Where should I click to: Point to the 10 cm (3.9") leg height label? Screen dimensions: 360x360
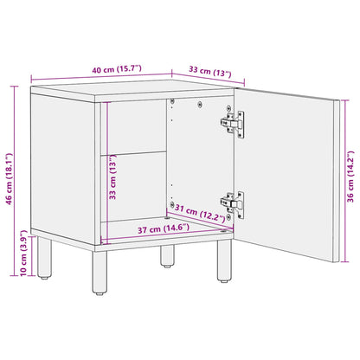coord(10,257)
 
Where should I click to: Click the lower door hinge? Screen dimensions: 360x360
coord(231,203)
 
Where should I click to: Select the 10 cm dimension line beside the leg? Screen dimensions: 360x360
coord(22,257)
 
